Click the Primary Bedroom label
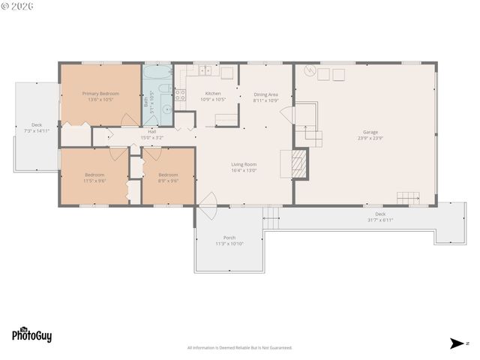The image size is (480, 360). pos(100,94)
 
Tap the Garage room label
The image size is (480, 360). pos(370,132)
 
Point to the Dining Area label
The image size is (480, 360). pos(265,94)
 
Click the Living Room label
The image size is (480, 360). pos(244,164)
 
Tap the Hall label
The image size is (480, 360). pos(151,131)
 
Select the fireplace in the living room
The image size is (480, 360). pos(298,163)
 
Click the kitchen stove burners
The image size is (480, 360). pos(180,94)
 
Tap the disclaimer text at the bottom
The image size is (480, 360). pos(239,347)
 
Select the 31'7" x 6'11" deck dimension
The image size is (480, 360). pos(380,220)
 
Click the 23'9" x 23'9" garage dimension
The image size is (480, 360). pos(370,138)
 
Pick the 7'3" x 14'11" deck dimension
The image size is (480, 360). pos(36,130)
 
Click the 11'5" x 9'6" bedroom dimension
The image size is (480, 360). pos(94,181)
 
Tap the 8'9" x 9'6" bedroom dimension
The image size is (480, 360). pos(168,181)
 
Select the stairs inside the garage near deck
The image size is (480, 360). pos(409,198)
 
